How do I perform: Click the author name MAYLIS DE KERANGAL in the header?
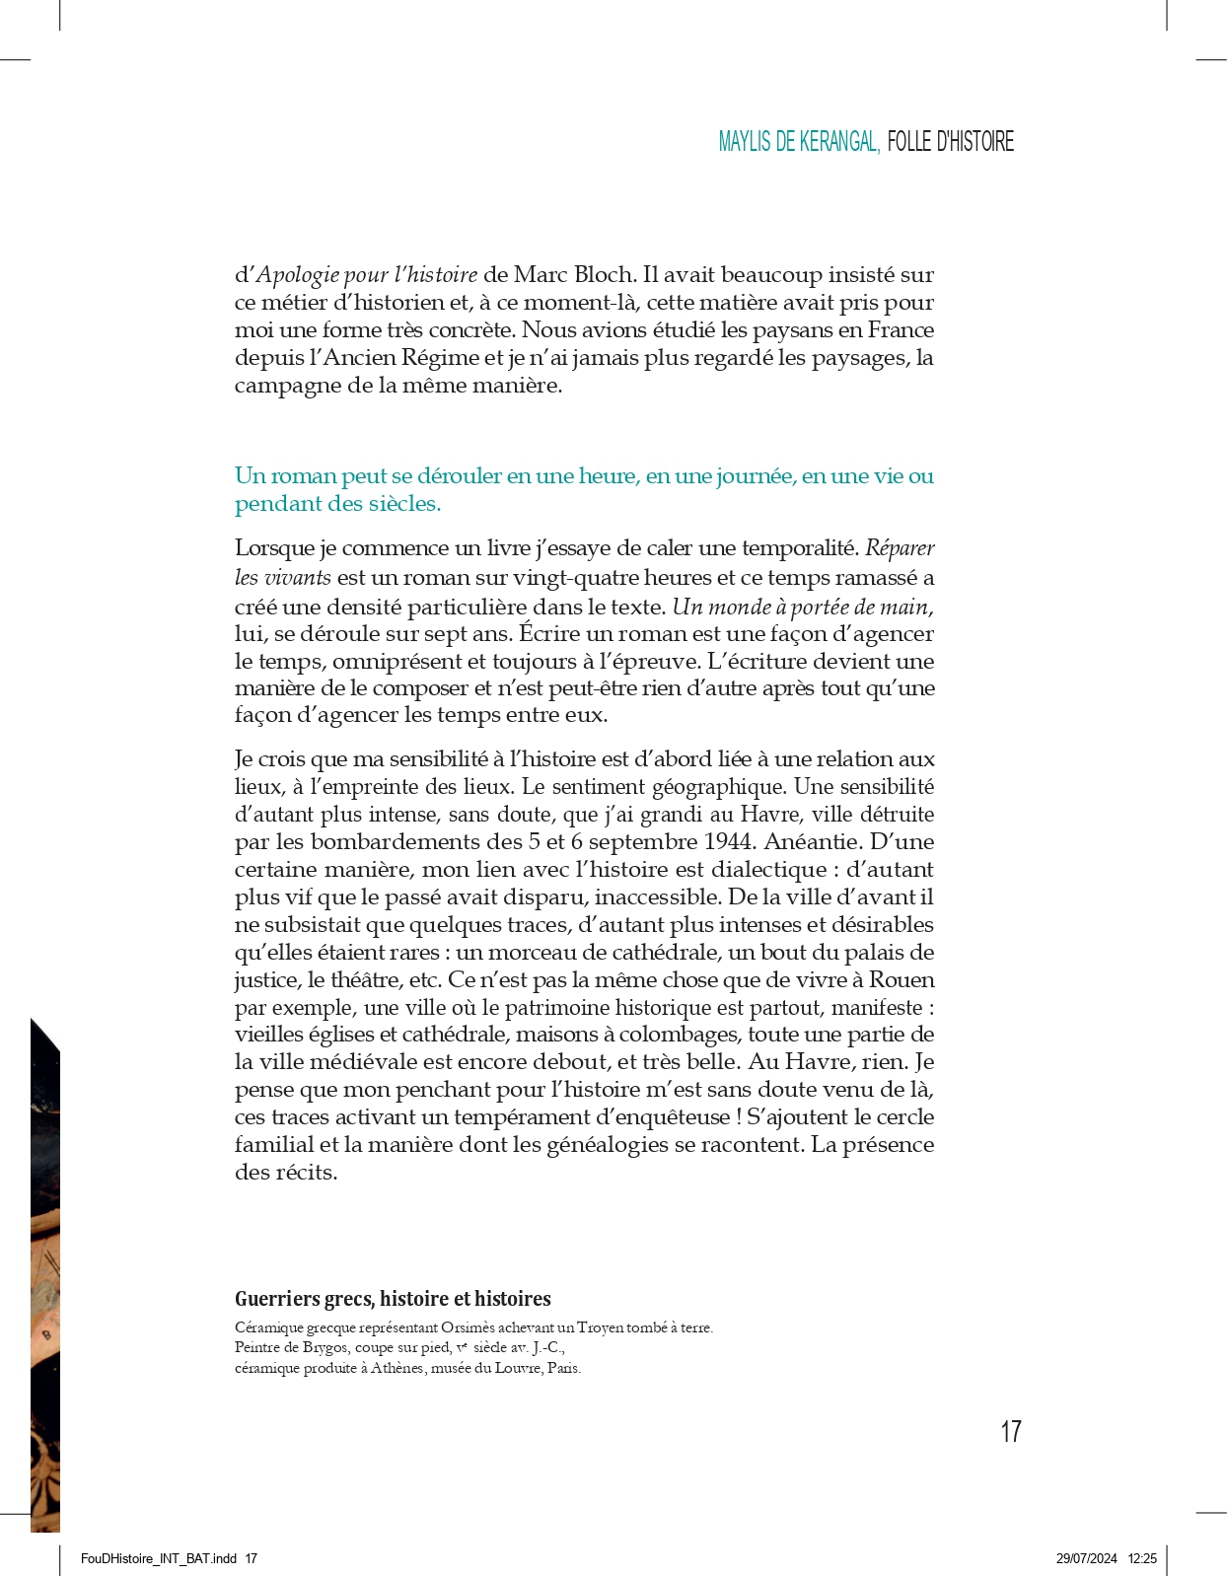pos(798,142)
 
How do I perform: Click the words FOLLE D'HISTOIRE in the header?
pos(950,142)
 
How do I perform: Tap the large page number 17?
pos(1010,1431)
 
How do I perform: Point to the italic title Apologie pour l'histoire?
pos(367,275)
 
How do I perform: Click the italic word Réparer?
pos(900,548)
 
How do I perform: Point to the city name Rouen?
pos(902,980)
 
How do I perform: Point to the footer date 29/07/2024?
pos(1086,1559)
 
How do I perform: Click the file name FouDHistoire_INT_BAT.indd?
pos(159,1559)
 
